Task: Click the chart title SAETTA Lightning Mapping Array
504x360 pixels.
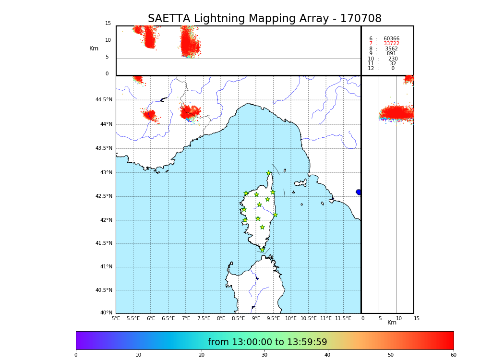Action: click(x=264, y=19)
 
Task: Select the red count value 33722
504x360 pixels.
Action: click(x=391, y=44)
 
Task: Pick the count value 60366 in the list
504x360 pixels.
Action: click(x=391, y=39)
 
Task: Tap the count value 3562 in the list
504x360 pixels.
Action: click(x=391, y=48)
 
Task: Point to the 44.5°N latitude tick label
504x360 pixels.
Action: click(x=104, y=100)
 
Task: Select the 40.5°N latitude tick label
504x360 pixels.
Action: click(x=104, y=290)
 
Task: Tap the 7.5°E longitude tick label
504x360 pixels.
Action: click(x=204, y=318)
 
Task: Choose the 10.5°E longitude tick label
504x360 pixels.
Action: click(x=309, y=318)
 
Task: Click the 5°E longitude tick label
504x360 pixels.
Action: click(x=116, y=318)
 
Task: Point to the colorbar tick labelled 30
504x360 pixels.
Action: click(x=264, y=355)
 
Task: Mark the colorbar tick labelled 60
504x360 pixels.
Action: click(x=453, y=355)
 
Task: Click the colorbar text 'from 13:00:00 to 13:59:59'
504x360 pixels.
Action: click(x=267, y=342)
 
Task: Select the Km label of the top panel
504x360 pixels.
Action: click(x=94, y=48)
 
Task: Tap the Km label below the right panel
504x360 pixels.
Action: click(x=392, y=323)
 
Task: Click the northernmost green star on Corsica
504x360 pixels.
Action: click(x=269, y=173)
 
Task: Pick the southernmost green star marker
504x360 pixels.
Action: click(x=262, y=250)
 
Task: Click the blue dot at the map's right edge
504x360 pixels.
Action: click(x=359, y=192)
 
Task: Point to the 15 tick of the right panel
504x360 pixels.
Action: click(x=417, y=318)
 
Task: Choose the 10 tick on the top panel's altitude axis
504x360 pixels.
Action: click(x=108, y=40)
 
